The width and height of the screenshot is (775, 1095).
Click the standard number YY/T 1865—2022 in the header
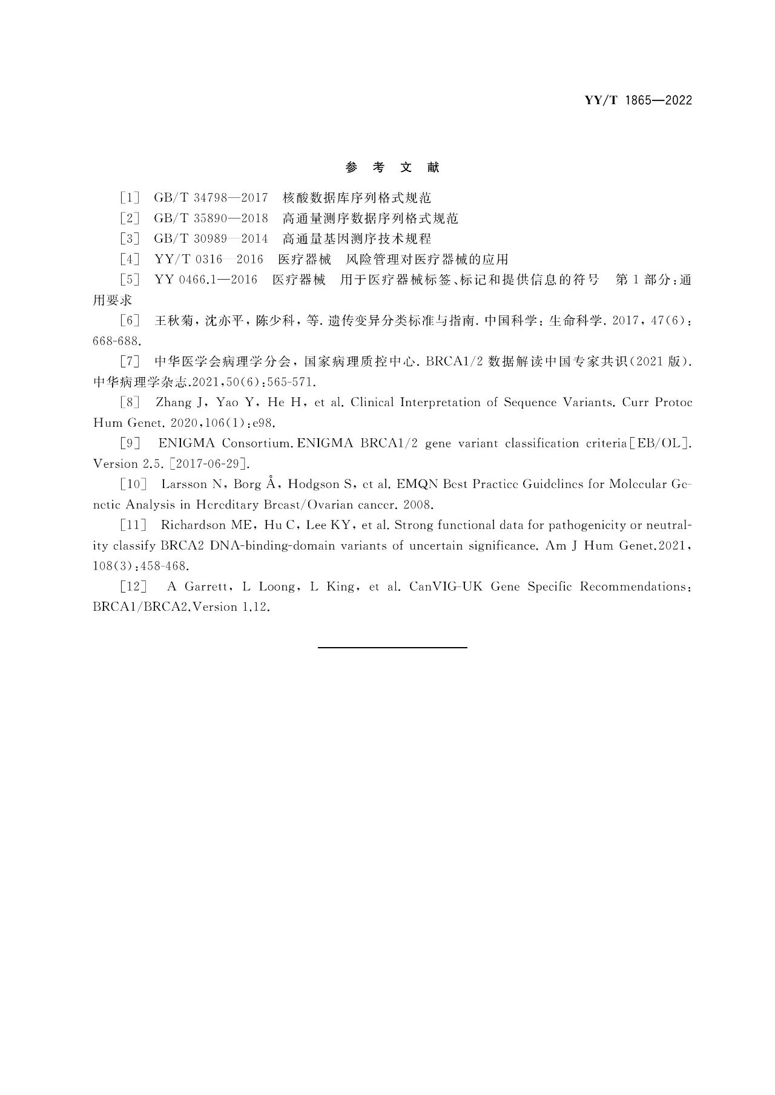click(638, 100)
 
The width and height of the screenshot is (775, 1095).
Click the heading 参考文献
click(392, 168)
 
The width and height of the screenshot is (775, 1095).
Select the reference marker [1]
click(130, 198)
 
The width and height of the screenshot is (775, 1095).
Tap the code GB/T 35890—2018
click(211, 219)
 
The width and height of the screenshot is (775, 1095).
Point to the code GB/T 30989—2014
click(211, 239)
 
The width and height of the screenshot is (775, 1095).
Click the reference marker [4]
click(130, 260)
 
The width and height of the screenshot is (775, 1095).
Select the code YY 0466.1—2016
click(206, 280)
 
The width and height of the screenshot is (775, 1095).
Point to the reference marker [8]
click(130, 403)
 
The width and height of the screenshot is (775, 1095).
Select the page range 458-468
click(165, 567)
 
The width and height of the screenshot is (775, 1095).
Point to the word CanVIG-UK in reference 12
click(446, 587)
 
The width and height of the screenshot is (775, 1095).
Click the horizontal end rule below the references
click(392, 648)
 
